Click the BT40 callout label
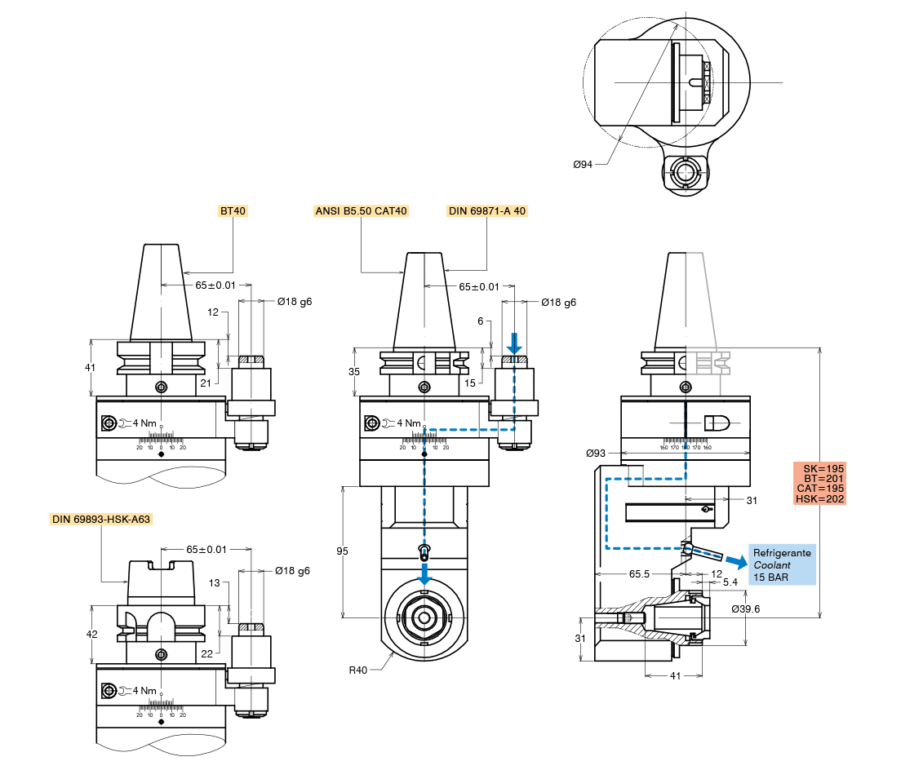pos(233,211)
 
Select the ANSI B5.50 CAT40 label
pos(361,211)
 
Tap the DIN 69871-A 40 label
pos(487,211)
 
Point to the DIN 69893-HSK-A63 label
pos(101,519)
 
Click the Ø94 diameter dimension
pos(583,164)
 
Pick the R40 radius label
pos(358,670)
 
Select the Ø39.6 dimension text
pos(747,608)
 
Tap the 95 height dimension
pos(342,551)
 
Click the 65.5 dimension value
pos(639,574)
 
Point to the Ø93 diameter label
pos(596,453)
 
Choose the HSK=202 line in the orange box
pos(819,498)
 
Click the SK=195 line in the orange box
pos(819,468)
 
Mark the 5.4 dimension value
pos(730,582)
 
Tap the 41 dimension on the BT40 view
pos(90,367)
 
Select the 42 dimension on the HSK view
pos(91,634)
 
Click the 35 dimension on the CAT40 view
pos(353,371)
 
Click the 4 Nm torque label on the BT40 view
pos(144,423)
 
